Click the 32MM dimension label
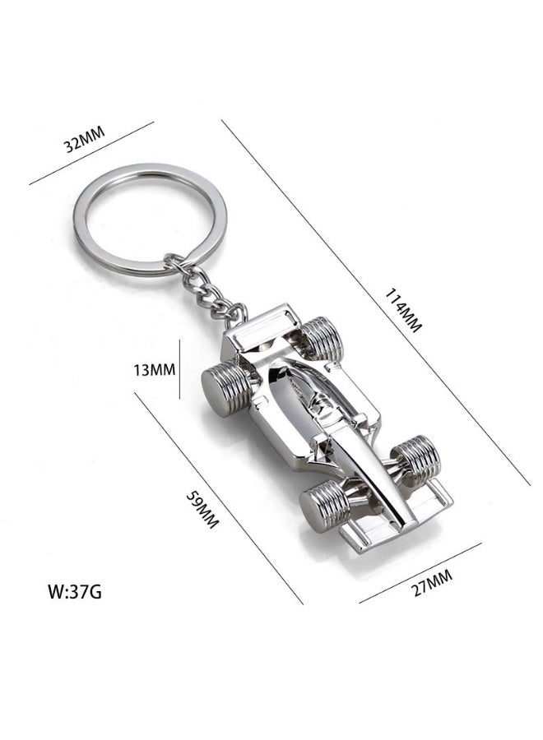pos(84,140)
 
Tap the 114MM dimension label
pos(402,311)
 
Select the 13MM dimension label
pos(154,369)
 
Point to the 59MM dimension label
pos(202,509)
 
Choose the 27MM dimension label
pos(433,583)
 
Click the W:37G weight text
pos(75,591)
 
